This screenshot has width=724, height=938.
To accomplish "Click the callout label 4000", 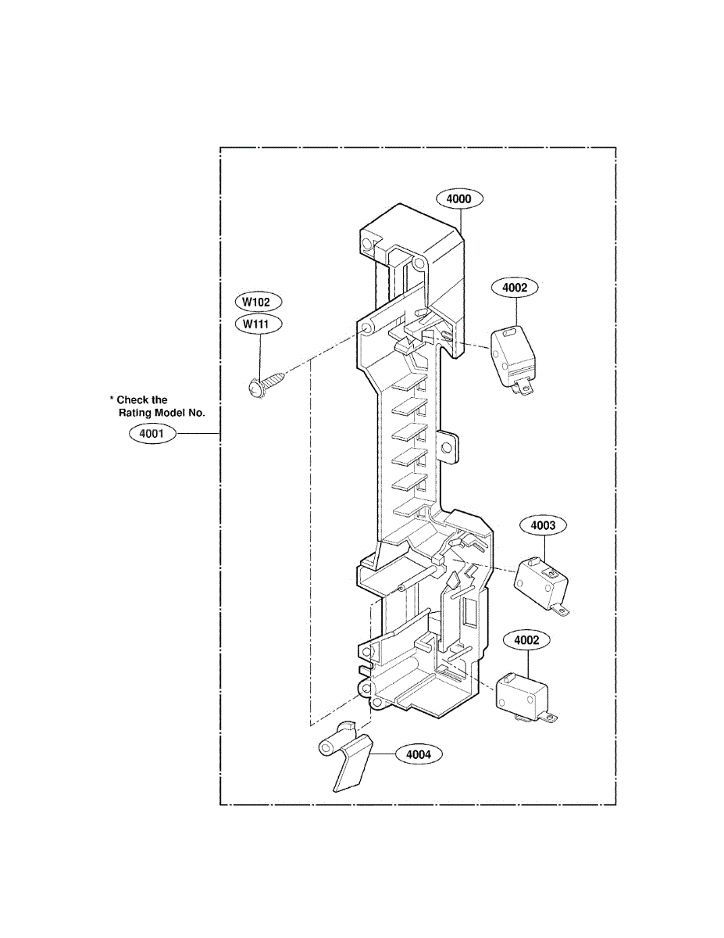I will pyautogui.click(x=458, y=199).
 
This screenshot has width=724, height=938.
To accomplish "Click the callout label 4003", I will pyautogui.click(x=543, y=525).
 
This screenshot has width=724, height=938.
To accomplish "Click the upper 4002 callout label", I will pyautogui.click(x=515, y=288).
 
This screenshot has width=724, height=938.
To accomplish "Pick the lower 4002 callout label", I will pyautogui.click(x=526, y=640).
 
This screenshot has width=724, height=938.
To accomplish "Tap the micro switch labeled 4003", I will pyautogui.click(x=541, y=582).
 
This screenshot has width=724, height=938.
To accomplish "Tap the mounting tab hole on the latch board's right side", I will pyautogui.click(x=448, y=449).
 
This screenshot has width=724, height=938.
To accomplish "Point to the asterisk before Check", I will pyautogui.click(x=112, y=399).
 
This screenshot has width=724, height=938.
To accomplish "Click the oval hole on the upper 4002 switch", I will pyautogui.click(x=509, y=332).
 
